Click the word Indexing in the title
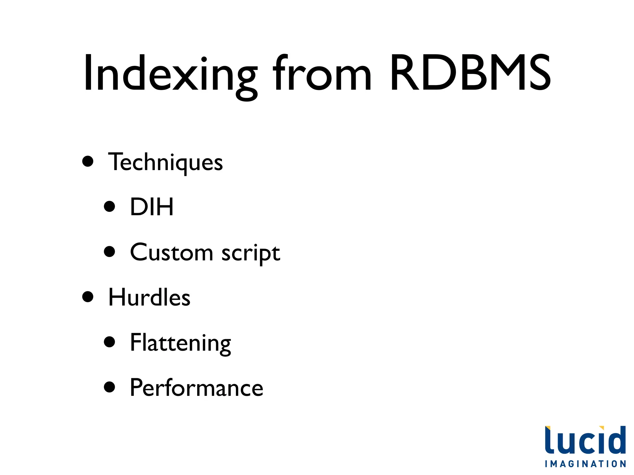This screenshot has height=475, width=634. click(170, 74)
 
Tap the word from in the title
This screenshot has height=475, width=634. click(322, 74)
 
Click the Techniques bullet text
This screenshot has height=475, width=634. click(165, 162)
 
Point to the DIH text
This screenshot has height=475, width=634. click(152, 207)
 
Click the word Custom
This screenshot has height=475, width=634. click(172, 252)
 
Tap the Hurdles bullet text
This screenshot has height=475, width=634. click(149, 297)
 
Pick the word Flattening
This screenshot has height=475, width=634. click(180, 343)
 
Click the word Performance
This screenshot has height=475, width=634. click(196, 388)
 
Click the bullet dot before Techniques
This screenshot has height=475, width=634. click(88, 161)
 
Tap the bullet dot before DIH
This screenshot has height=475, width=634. click(110, 206)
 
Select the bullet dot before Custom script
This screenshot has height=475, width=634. click(110, 251)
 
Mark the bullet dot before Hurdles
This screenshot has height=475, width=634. click(88, 297)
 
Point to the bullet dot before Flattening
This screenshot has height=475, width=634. click(110, 342)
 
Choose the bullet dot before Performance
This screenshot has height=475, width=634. click(110, 387)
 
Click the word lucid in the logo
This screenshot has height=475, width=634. click(585, 440)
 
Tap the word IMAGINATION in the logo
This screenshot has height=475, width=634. click(585, 464)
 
